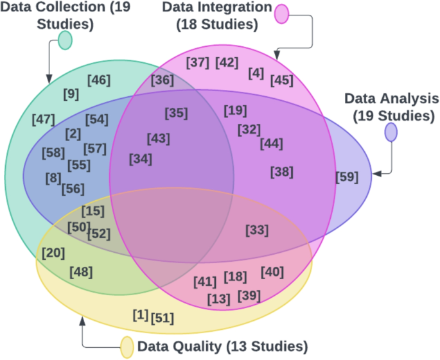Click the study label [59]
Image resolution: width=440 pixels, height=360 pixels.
pyautogui.click(x=348, y=176)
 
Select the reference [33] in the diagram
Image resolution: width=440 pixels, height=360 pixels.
pyautogui.click(x=257, y=230)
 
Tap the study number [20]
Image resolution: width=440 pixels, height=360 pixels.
pyautogui.click(x=53, y=253)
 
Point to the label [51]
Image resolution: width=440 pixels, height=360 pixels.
pyautogui.click(x=162, y=318)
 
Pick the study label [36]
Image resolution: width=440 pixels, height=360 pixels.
pyautogui.click(x=163, y=80)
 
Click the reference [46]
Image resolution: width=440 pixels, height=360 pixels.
pyautogui.click(x=99, y=80)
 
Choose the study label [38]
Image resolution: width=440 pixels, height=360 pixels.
pyautogui.click(x=282, y=171)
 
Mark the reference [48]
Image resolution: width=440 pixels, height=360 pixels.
pyautogui.click(x=82, y=271)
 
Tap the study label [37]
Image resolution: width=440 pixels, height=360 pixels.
pyautogui.click(x=197, y=62)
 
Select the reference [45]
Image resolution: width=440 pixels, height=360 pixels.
pyautogui.click(x=282, y=80)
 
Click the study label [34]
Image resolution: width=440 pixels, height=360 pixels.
pyautogui.click(x=141, y=158)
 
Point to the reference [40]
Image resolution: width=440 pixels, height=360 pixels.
pyautogui.click(x=272, y=271)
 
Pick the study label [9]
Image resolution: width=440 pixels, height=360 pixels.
pyautogui.click(x=71, y=94)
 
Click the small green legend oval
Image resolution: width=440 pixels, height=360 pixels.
pyautogui.click(x=65, y=40)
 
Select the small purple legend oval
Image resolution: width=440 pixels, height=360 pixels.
pyautogui.click(x=391, y=132)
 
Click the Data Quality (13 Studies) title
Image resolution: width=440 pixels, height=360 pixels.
pyautogui.click(x=222, y=347)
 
